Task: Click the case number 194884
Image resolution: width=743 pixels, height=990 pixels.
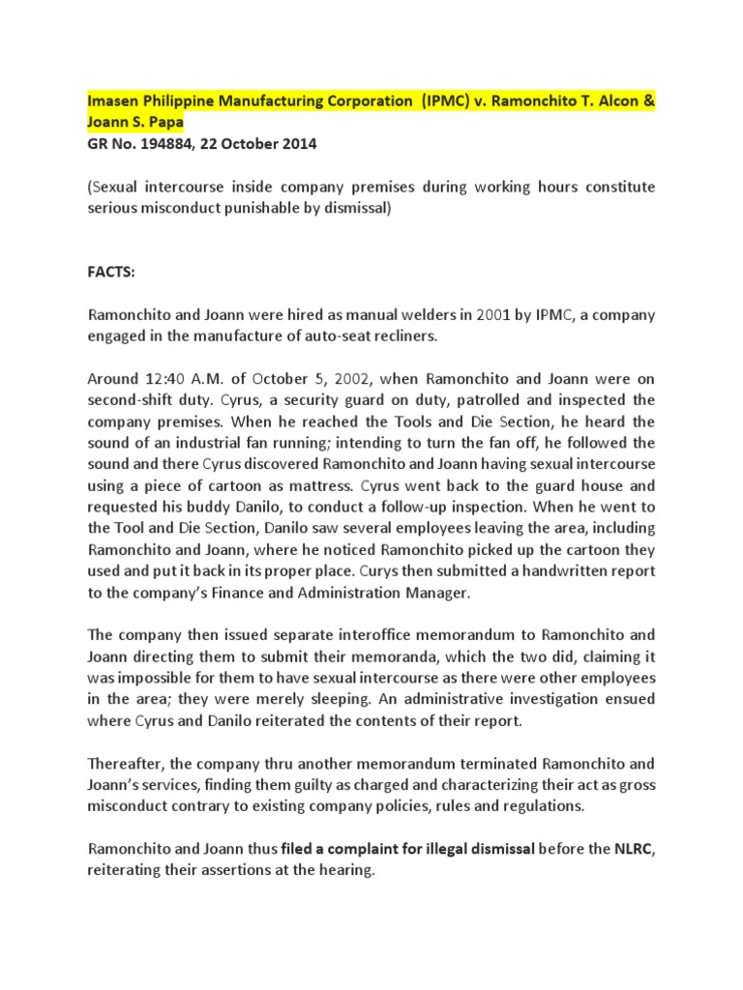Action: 163,144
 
